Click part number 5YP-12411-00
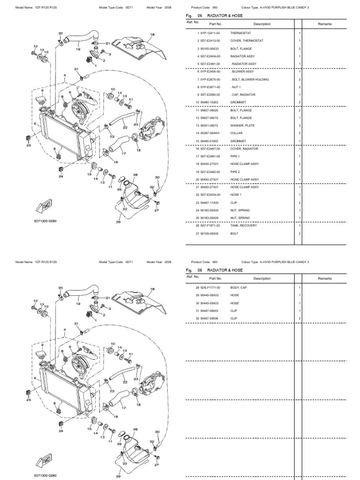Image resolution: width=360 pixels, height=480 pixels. point(211,34)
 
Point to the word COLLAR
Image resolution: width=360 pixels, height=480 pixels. point(236,133)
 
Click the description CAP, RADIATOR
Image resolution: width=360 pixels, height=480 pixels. point(242,95)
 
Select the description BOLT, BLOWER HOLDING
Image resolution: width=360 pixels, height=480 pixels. point(250,80)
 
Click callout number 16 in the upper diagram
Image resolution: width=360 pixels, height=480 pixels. point(152,35)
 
